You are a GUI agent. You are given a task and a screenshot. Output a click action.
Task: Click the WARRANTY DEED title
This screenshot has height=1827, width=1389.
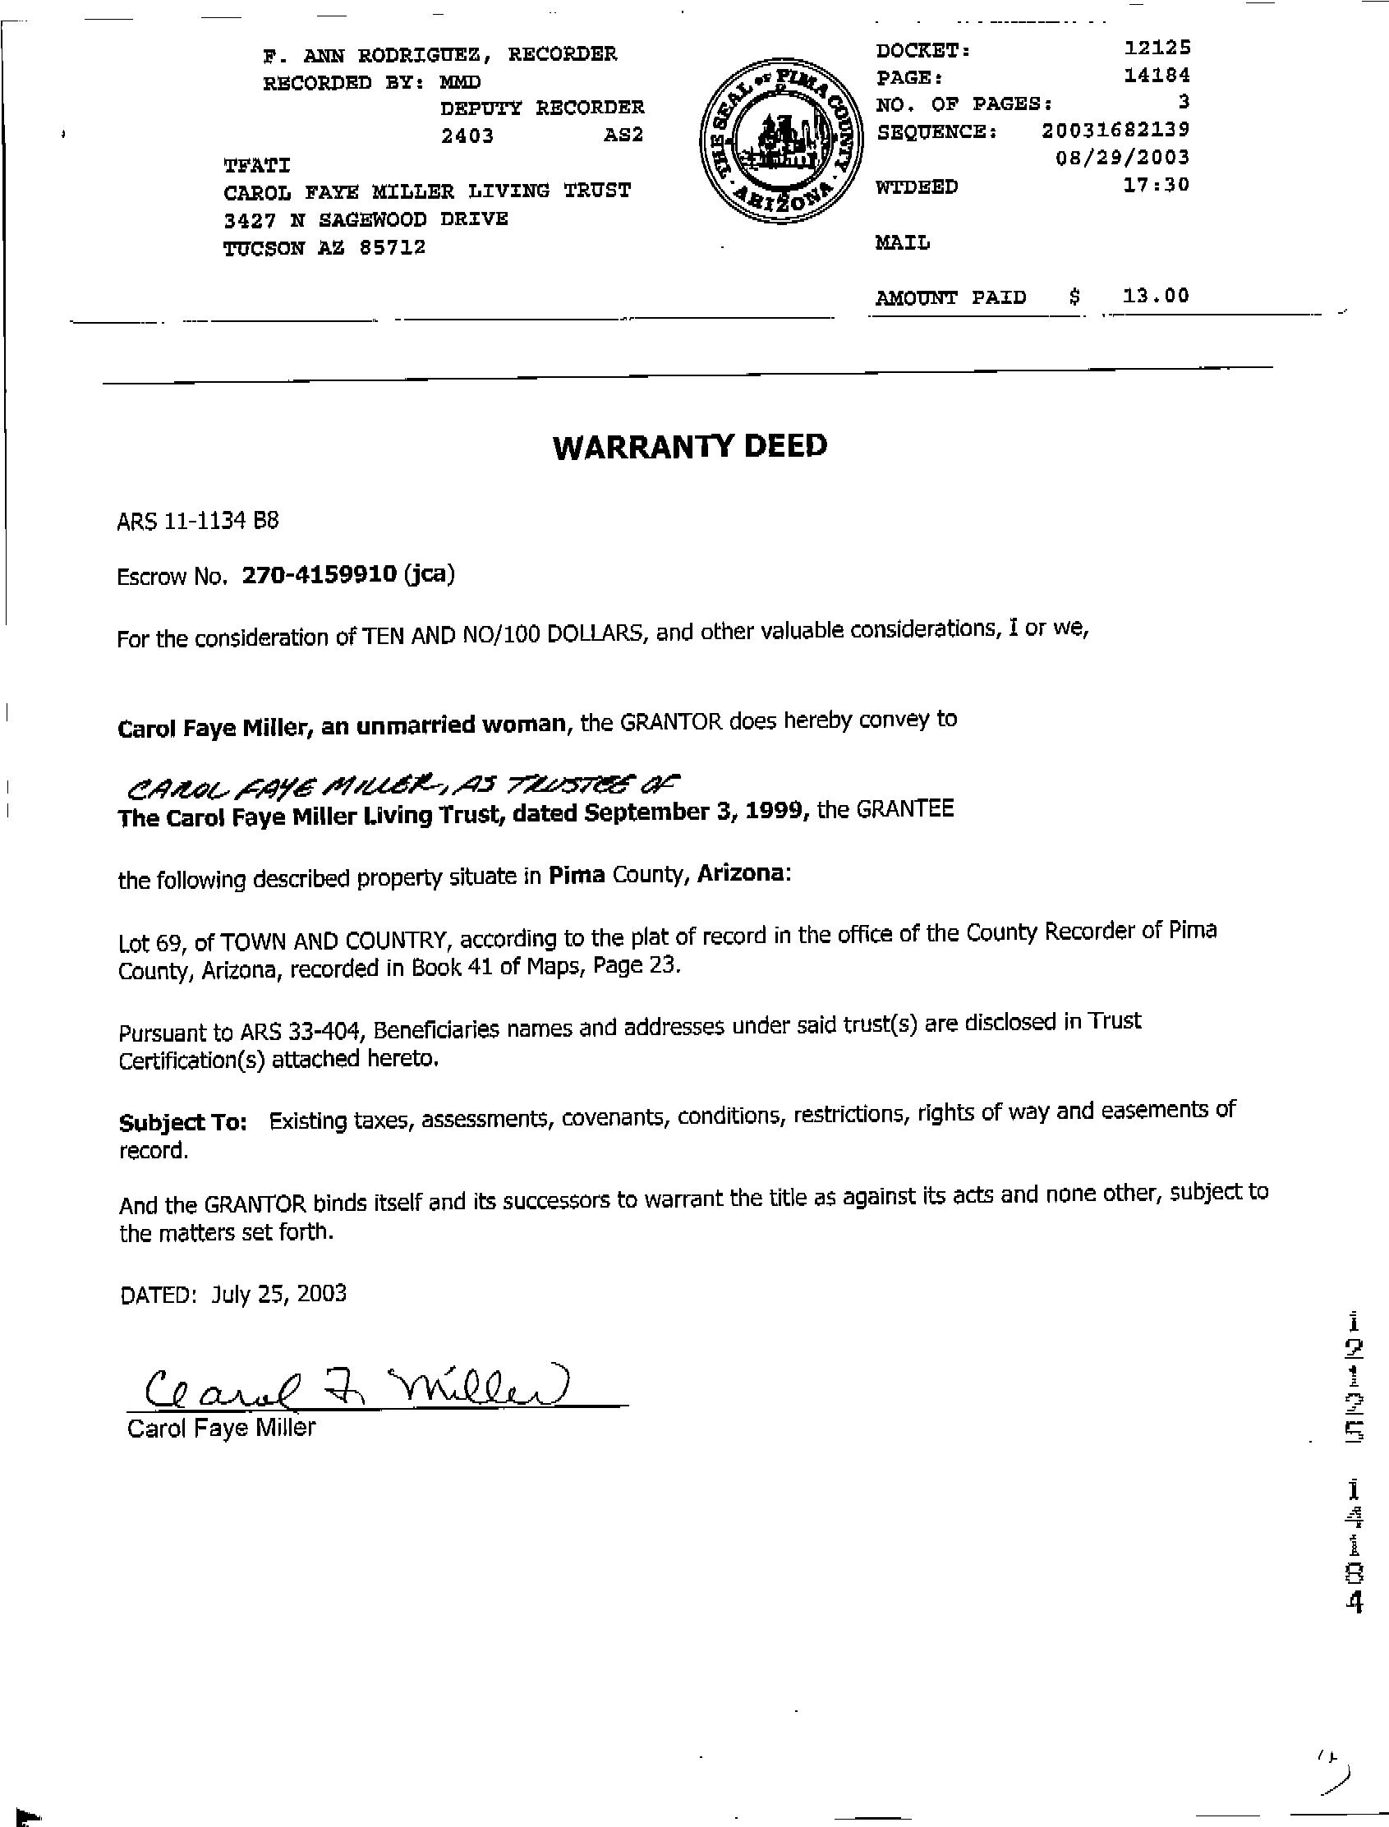pos(689,446)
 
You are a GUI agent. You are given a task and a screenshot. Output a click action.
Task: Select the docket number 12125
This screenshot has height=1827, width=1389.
pos(1157,48)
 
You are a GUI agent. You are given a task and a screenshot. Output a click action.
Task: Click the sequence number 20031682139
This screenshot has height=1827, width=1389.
pos(1115,130)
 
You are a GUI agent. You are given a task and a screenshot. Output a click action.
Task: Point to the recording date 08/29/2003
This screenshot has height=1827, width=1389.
pos(1122,157)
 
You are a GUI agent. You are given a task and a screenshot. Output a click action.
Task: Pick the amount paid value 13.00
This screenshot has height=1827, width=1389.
pos(1156,295)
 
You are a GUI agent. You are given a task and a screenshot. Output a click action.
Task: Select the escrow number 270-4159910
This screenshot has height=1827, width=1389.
pos(319,574)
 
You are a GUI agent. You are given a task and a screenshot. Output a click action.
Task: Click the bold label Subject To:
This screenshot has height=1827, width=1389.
pos(182,1122)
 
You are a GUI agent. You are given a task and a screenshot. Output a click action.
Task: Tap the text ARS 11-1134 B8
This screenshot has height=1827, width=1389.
pos(199,521)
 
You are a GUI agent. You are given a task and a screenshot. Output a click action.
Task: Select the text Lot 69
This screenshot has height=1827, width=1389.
pos(149,941)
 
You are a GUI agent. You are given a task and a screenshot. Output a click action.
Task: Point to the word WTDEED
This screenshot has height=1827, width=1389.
pos(916,187)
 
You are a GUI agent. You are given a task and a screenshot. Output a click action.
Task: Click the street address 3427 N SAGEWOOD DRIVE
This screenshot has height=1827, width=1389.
pos(366,219)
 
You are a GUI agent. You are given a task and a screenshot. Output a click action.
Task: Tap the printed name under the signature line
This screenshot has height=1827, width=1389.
pos(221,1428)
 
